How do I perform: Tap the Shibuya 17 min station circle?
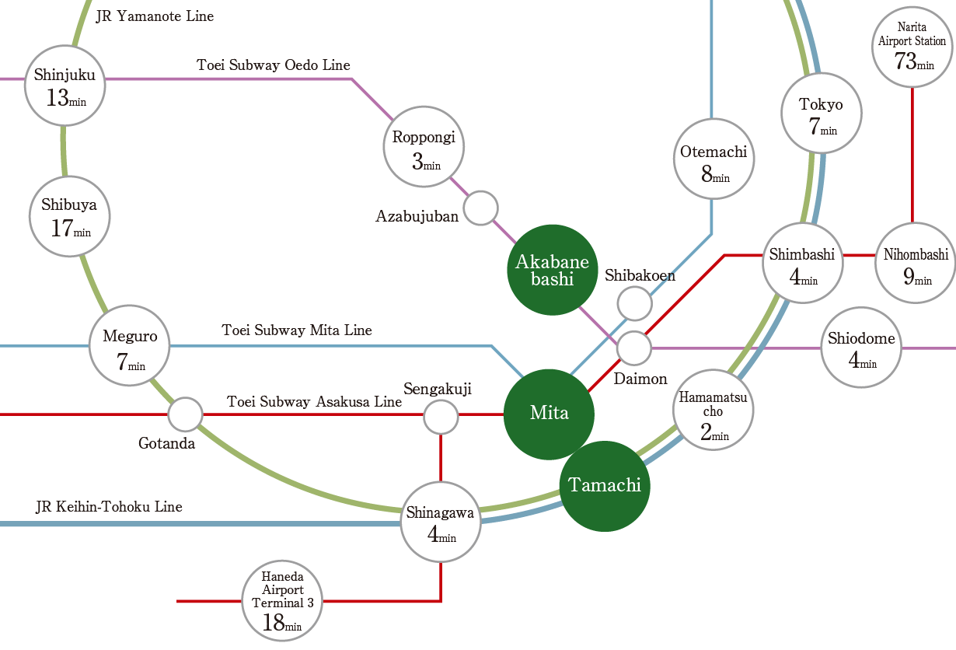(x=69, y=216)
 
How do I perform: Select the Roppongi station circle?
(x=424, y=149)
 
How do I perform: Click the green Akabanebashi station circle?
(x=553, y=270)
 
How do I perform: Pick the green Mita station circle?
(x=550, y=414)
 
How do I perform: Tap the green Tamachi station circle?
(x=605, y=486)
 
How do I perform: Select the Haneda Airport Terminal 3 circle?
(x=282, y=601)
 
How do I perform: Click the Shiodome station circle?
(x=861, y=348)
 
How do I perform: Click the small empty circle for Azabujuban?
(x=481, y=208)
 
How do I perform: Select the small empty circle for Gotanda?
(x=186, y=414)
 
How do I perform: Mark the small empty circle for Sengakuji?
(x=441, y=418)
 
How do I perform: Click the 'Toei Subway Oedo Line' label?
(x=274, y=65)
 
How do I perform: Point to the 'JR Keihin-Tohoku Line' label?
(x=109, y=507)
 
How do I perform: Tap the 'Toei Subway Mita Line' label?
(x=297, y=330)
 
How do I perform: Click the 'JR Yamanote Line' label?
(x=155, y=16)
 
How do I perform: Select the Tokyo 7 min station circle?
(x=821, y=114)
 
